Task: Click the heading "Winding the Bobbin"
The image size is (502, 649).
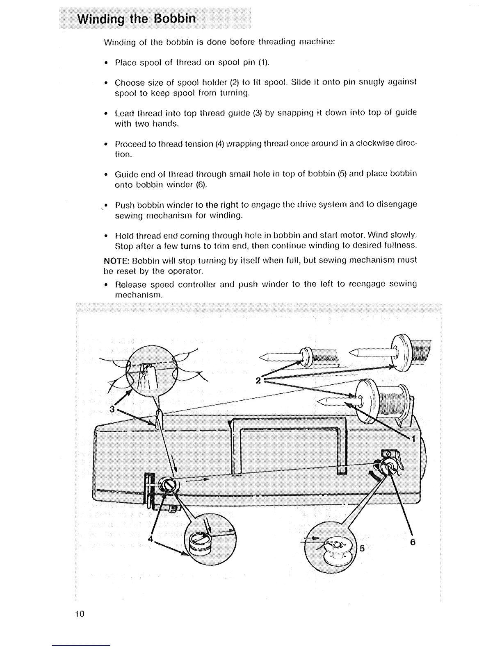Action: click(137, 19)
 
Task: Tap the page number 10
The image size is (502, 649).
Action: click(80, 614)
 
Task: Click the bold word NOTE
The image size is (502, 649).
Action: click(116, 260)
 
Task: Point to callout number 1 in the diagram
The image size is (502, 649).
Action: click(413, 439)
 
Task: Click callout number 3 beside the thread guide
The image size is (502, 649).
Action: click(112, 409)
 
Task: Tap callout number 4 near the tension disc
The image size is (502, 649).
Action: click(151, 540)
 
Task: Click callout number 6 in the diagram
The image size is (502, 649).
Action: click(413, 542)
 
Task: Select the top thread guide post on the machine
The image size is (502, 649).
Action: click(159, 420)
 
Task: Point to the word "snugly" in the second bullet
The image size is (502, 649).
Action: click(372, 82)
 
